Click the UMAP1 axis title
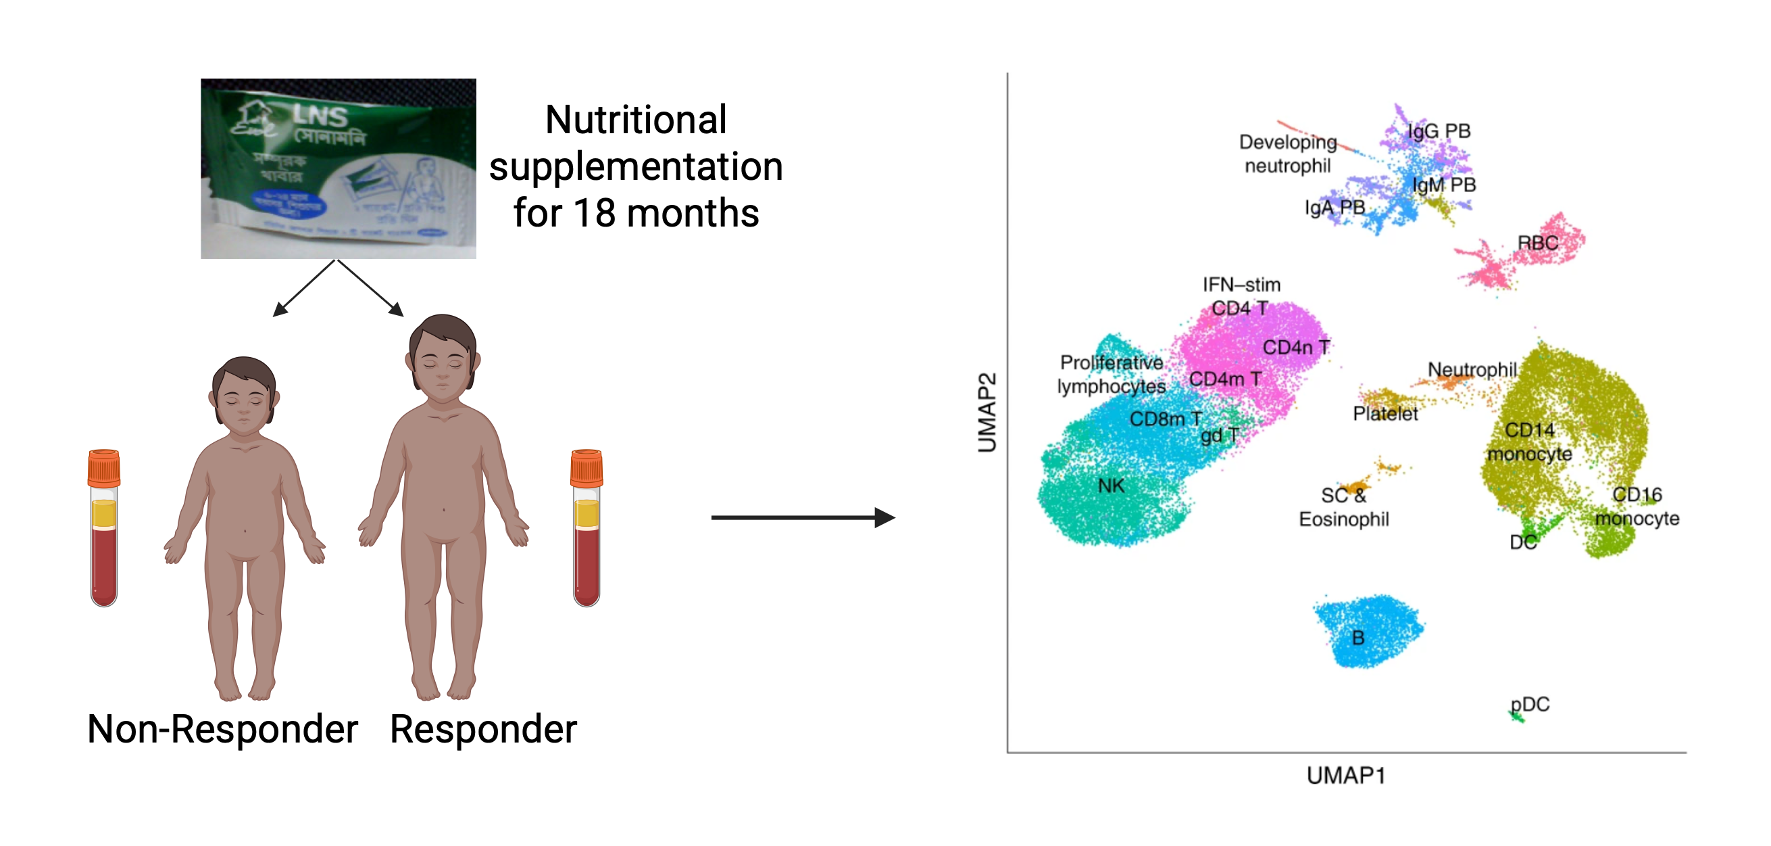coord(1345,775)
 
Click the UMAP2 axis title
coord(987,413)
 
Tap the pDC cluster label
coord(1530,704)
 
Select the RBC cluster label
coord(1537,243)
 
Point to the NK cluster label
coord(1111,486)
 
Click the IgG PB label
coord(1439,131)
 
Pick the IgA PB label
coord(1335,207)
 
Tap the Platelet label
coord(1385,413)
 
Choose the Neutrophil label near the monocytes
coord(1472,369)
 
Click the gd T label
coord(1219,436)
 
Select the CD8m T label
coord(1166,418)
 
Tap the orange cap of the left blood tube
coord(104,468)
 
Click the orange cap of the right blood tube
coord(587,468)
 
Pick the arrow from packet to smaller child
coord(305,288)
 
